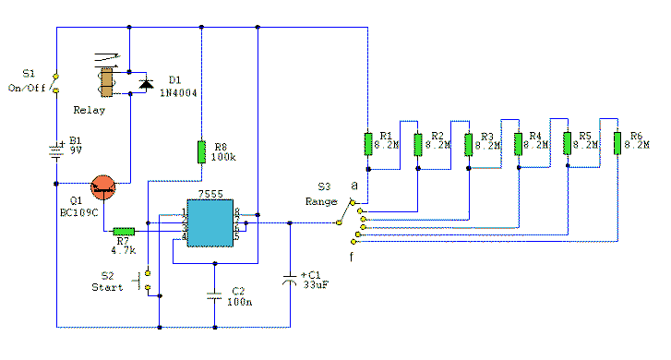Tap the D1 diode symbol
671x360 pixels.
click(x=145, y=84)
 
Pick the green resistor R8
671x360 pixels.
click(x=201, y=151)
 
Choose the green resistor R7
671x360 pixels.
click(x=123, y=233)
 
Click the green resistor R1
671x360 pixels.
click(x=368, y=144)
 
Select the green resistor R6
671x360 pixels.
click(x=617, y=144)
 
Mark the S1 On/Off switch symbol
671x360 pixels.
click(x=55, y=82)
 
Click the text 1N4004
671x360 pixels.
click(x=180, y=93)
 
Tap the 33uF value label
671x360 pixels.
click(x=314, y=286)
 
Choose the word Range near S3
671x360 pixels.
click(x=321, y=201)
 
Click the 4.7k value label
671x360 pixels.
click(x=123, y=248)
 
